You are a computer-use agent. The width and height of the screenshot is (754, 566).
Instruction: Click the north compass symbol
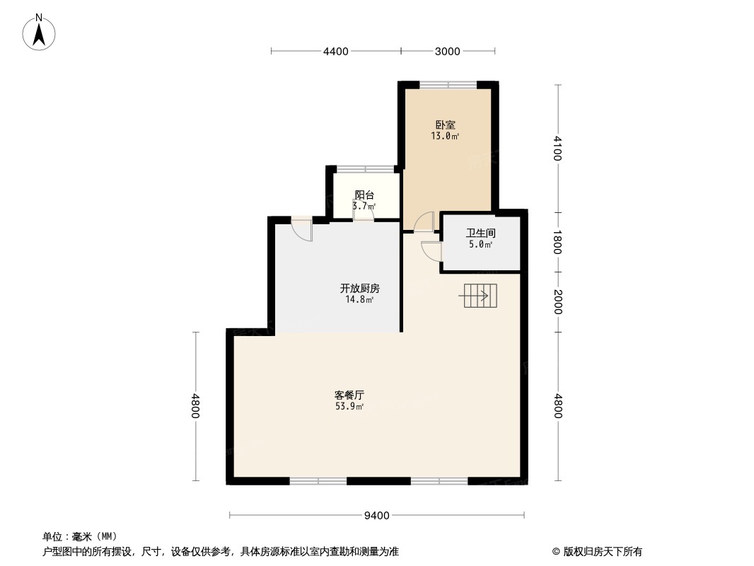tap(40, 31)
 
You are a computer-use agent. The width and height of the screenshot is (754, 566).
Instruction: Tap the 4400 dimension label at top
tap(336, 51)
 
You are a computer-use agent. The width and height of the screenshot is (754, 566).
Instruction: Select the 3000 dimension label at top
tap(447, 51)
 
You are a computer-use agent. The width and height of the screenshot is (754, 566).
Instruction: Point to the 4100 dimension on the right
tap(558, 148)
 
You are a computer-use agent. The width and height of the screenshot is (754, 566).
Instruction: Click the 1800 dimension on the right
tap(558, 242)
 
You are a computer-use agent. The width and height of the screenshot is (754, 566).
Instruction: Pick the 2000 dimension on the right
tap(558, 302)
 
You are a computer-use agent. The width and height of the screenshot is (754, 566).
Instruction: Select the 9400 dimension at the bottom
tap(377, 515)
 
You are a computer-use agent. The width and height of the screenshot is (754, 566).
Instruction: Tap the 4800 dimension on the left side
tap(196, 406)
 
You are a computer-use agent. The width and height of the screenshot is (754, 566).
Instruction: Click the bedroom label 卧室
tap(445, 125)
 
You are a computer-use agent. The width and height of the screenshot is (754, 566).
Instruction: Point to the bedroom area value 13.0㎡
tap(445, 137)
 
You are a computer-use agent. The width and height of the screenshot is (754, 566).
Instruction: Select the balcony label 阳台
tap(364, 195)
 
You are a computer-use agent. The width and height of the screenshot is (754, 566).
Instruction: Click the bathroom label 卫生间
tap(480, 233)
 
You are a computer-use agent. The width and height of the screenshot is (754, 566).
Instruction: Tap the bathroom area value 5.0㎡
tap(480, 245)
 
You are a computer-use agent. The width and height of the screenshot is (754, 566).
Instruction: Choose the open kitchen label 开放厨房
tap(360, 288)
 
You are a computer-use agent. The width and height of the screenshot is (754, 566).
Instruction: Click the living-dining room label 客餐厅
tap(349, 395)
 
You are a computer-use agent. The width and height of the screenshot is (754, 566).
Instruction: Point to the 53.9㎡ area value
tap(349, 407)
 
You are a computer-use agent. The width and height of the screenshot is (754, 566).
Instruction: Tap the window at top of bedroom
tap(448, 85)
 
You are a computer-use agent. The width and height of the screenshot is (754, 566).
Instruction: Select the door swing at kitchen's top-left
tap(301, 229)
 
